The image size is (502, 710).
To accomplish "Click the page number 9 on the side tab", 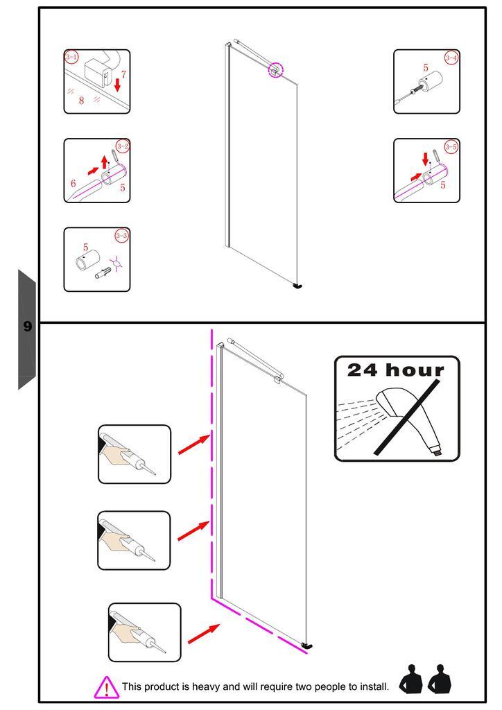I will (x=27, y=326).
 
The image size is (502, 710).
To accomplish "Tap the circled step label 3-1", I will (x=71, y=56).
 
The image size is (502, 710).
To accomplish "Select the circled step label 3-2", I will (x=123, y=146).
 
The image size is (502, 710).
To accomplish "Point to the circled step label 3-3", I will (x=122, y=236).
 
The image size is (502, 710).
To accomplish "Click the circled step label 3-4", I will (x=451, y=58).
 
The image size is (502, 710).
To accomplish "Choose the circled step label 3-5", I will (x=451, y=146).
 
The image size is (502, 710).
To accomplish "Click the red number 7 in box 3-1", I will (x=123, y=73).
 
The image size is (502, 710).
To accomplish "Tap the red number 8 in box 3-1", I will (x=81, y=101).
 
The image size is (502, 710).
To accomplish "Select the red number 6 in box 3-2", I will (x=73, y=184).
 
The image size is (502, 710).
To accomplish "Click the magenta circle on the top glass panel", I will (x=276, y=69).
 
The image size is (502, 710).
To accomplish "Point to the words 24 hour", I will (x=395, y=370).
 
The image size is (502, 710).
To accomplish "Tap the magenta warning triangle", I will (x=106, y=686).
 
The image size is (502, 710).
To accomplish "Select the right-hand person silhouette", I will (x=440, y=679).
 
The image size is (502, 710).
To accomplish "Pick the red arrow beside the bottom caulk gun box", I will (x=203, y=632).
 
